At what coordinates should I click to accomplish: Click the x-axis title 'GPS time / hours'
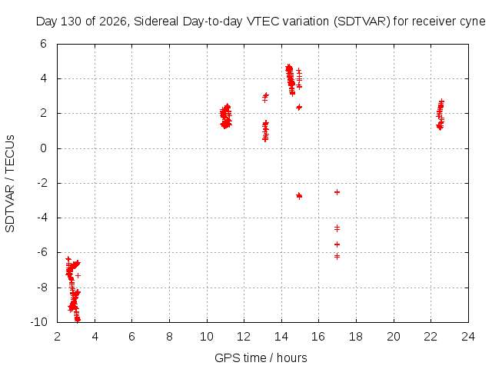pos(261,357)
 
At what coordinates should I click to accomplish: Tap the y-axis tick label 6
pos(43,44)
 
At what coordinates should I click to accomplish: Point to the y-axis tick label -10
pos(39,322)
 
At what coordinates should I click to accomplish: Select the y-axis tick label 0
pos(43,148)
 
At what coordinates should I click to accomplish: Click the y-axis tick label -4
pos(42,218)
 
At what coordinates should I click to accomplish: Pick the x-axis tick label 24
pos(468,337)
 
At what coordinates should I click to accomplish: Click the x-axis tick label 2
pos(57,337)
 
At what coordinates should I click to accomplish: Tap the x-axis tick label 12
pos(244,337)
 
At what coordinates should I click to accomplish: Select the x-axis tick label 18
pos(356,337)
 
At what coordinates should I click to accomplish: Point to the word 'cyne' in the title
pos(473,22)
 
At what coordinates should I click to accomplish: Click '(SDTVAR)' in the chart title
pos(362,22)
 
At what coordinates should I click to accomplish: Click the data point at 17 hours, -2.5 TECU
pos(337,192)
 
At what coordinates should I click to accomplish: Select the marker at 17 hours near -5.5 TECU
pos(337,244)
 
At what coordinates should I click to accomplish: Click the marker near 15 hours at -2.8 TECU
pos(299,196)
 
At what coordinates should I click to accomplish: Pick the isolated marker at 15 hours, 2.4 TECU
pos(299,108)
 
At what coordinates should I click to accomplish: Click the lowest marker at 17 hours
pos(337,257)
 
